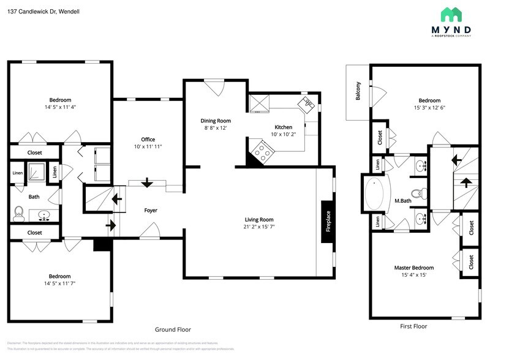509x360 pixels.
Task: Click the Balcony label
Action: tap(358, 92)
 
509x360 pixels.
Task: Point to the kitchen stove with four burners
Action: tap(260, 150)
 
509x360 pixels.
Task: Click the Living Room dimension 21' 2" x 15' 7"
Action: tap(259, 228)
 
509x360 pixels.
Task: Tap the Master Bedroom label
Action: tap(414, 268)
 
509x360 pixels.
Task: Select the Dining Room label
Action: tap(216, 121)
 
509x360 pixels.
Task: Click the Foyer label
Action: tap(151, 211)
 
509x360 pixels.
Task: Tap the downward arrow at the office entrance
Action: tap(147, 183)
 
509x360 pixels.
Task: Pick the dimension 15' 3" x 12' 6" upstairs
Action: tap(429, 108)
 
